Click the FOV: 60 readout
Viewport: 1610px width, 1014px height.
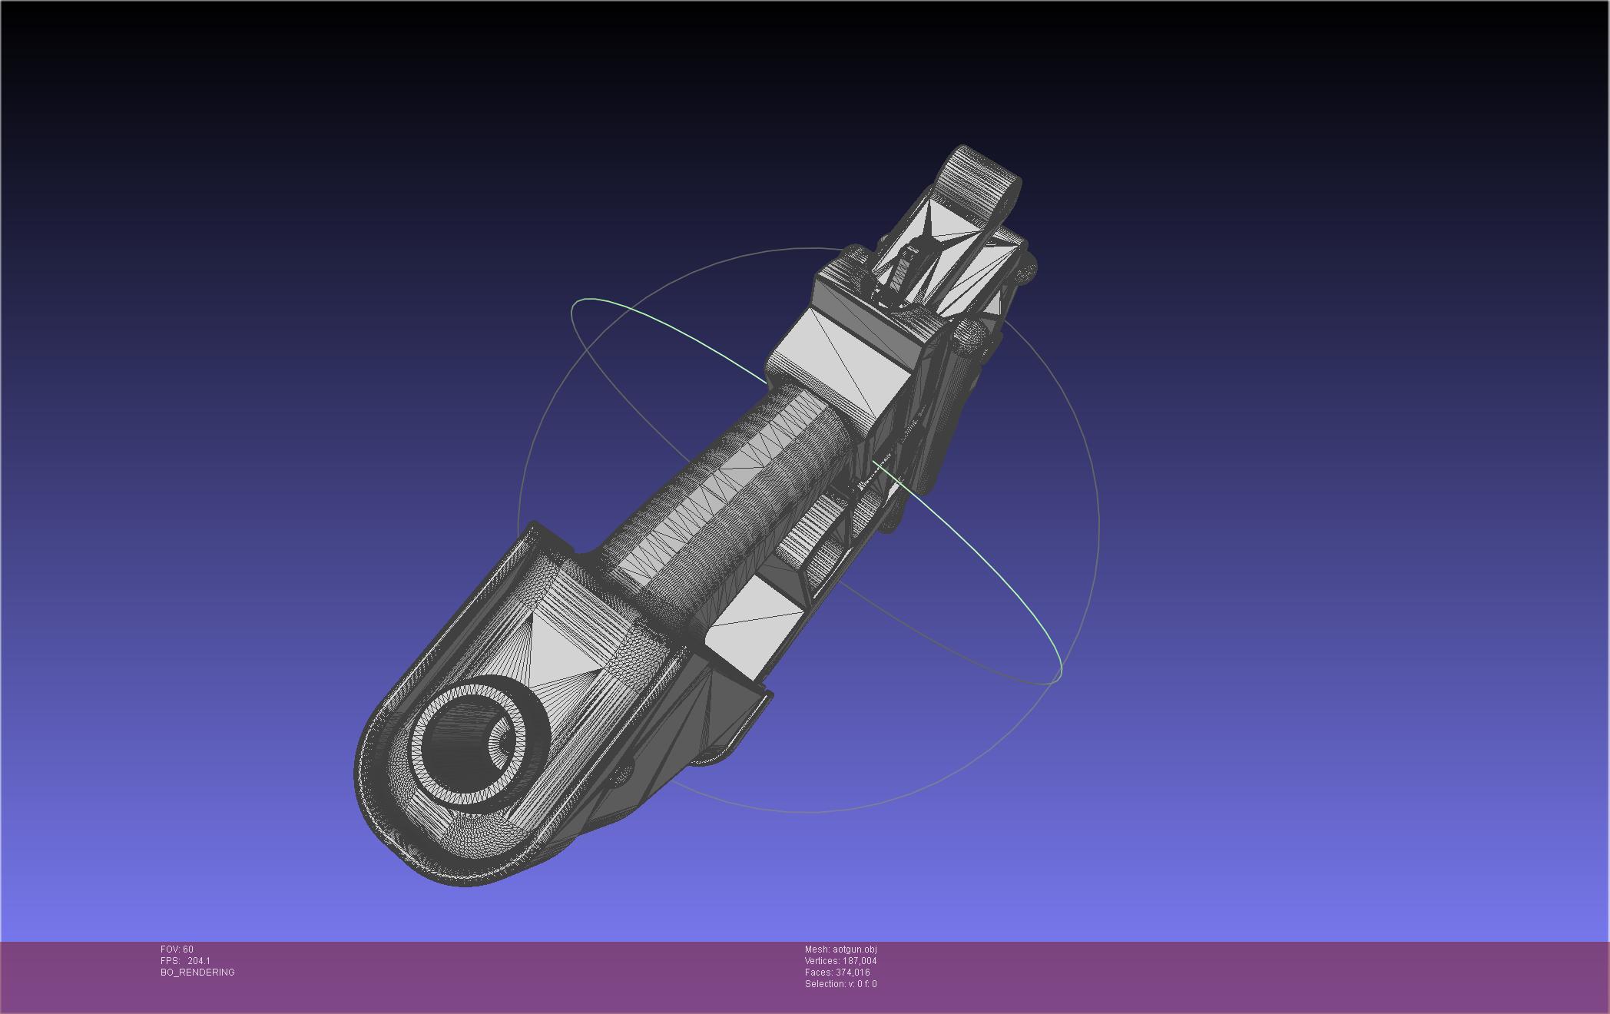(x=177, y=949)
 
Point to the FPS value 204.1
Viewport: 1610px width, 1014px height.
(x=199, y=961)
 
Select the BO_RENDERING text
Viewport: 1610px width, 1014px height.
(x=197, y=973)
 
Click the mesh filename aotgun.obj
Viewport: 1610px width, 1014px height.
(x=855, y=949)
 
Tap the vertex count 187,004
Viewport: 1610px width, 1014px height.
(x=860, y=961)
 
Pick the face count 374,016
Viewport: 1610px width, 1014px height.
(x=853, y=973)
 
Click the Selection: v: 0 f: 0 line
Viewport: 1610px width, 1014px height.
(x=840, y=984)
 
